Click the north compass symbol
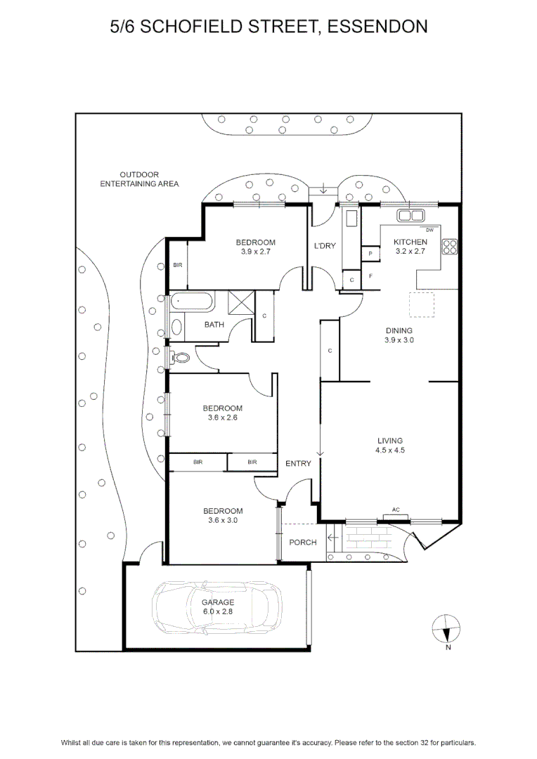(x=446, y=629)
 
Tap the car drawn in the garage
(x=217, y=608)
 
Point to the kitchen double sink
(x=410, y=216)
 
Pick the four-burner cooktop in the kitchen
(x=450, y=247)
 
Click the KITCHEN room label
(x=410, y=242)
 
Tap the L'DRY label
(x=325, y=246)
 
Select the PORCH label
(x=303, y=543)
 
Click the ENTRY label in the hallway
(x=298, y=464)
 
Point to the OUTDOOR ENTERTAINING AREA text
(x=139, y=179)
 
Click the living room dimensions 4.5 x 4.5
(x=390, y=450)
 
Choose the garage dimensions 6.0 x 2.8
(x=218, y=611)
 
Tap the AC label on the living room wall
(x=396, y=510)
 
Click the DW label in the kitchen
(x=430, y=231)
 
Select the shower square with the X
(x=241, y=303)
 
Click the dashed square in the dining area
(x=421, y=304)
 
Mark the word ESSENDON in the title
(x=377, y=26)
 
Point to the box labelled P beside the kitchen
(x=370, y=254)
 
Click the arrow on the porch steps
(x=333, y=538)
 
